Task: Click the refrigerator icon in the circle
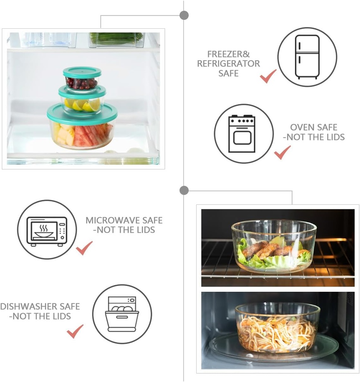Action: pos(307,57)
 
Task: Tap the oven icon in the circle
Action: pos(242,134)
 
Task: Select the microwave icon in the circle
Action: pos(47,231)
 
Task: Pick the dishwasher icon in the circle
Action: pos(122,314)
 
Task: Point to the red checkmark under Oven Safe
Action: pos(282,152)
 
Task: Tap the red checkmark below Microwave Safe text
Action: pos(84,248)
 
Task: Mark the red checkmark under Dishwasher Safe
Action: pos(75,331)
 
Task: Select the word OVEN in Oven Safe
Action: pos(303,128)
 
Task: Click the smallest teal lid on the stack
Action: pos(82,72)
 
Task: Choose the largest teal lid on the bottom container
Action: pos(82,114)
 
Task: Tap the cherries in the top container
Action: pos(81,83)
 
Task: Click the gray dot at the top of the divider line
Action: pos(184,15)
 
